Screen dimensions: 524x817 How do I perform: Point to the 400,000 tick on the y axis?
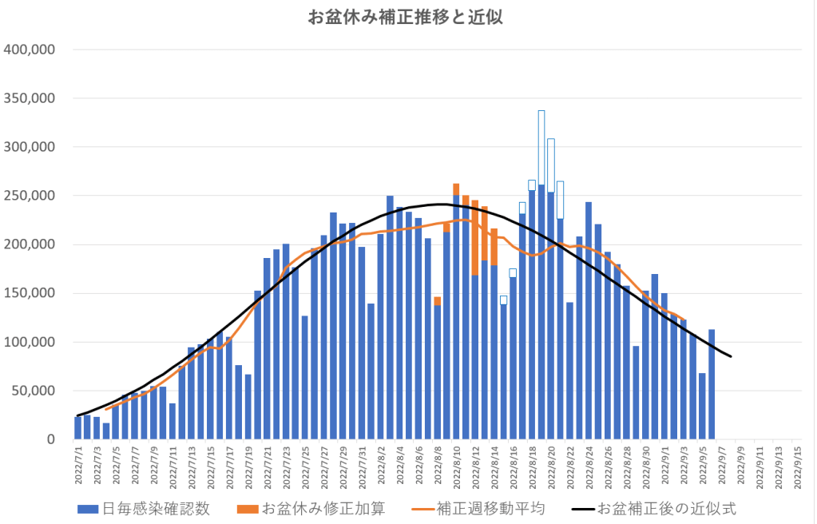(x=29, y=50)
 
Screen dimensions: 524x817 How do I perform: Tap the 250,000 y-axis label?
(x=29, y=196)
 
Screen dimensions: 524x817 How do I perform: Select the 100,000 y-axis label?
(x=29, y=342)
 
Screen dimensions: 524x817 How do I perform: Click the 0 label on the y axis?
(x=49, y=439)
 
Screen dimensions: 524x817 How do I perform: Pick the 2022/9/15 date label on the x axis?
(x=795, y=463)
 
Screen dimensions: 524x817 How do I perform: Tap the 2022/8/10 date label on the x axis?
(x=457, y=463)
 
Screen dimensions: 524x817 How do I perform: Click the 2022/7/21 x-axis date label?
(x=267, y=463)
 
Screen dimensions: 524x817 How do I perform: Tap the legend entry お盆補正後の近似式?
(x=666, y=509)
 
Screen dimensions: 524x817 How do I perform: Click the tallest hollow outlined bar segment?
(x=541, y=147)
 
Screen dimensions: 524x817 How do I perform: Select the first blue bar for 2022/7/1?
(x=77, y=428)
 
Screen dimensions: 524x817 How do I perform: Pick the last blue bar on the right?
(x=712, y=384)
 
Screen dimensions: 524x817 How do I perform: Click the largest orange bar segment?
(x=475, y=237)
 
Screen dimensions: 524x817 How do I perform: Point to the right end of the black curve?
(x=730, y=356)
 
